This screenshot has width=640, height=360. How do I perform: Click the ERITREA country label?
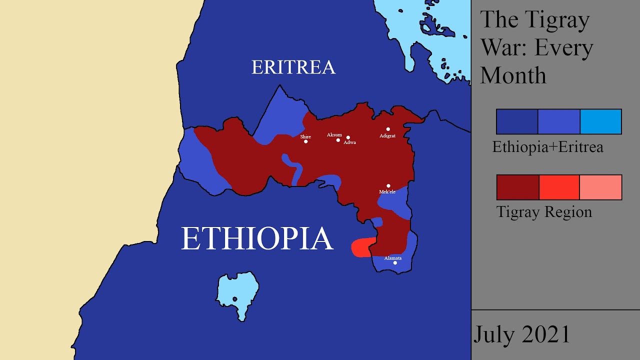click(293, 67)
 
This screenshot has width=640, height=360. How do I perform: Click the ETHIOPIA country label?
click(257, 238)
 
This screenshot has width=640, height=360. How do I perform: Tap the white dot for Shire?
click(306, 141)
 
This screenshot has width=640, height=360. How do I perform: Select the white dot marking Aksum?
click(338, 140)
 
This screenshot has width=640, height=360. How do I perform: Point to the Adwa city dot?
click(348, 137)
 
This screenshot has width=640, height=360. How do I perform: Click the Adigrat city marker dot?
click(388, 129)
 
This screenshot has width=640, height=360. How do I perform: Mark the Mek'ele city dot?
click(388, 186)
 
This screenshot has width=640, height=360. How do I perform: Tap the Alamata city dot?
click(395, 263)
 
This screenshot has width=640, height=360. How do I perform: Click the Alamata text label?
click(392, 258)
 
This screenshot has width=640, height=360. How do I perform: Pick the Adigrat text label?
click(387, 135)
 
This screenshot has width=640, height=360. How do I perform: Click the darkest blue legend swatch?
click(517, 121)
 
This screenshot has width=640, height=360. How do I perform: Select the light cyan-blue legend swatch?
click(600, 121)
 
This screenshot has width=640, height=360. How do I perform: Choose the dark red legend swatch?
click(517, 187)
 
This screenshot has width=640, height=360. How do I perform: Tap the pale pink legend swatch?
click(600, 187)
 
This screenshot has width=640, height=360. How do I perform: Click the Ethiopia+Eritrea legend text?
click(547, 147)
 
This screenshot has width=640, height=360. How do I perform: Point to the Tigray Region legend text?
click(544, 212)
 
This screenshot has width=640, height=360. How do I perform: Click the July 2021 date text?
click(521, 334)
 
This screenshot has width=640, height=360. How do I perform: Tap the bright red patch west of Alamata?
click(361, 247)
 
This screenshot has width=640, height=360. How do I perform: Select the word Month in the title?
click(513, 75)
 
